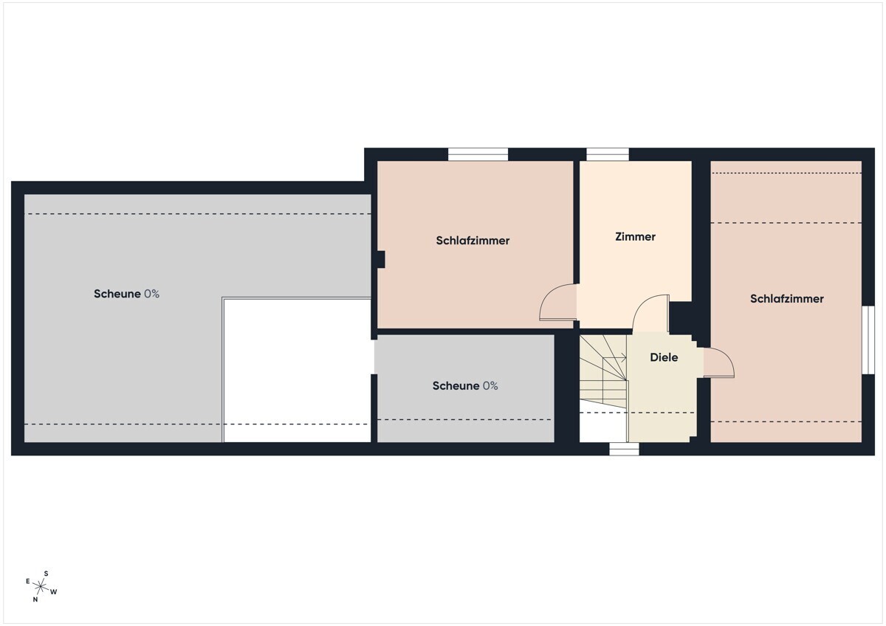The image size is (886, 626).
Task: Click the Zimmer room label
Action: [x=635, y=236]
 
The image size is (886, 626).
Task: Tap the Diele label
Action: [x=664, y=357]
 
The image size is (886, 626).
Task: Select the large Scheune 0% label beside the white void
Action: [x=126, y=294]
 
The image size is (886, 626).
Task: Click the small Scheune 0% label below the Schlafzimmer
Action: [x=465, y=385]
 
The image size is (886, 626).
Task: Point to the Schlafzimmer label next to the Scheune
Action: [x=473, y=241]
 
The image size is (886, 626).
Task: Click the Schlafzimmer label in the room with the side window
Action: [x=787, y=298]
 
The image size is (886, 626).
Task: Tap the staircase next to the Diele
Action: [x=604, y=372]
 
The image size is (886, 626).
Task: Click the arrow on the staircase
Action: [x=614, y=358]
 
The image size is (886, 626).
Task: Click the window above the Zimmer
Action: [x=607, y=154]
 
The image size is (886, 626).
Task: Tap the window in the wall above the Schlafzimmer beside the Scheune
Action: [x=478, y=154]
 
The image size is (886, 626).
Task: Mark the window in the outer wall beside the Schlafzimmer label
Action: [x=868, y=340]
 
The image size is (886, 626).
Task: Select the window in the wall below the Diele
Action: [x=624, y=450]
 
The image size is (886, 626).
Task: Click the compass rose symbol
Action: [x=41, y=586]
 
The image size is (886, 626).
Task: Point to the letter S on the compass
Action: [x=46, y=574]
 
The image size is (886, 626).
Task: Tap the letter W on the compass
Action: [x=54, y=592]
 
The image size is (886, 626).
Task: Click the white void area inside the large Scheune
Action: [x=297, y=370]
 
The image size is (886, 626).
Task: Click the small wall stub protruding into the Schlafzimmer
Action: [x=381, y=259]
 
